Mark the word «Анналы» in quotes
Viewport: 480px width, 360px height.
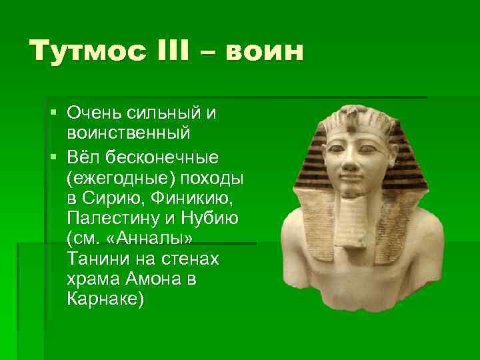(x=151, y=239)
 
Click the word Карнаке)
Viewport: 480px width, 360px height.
(x=105, y=299)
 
